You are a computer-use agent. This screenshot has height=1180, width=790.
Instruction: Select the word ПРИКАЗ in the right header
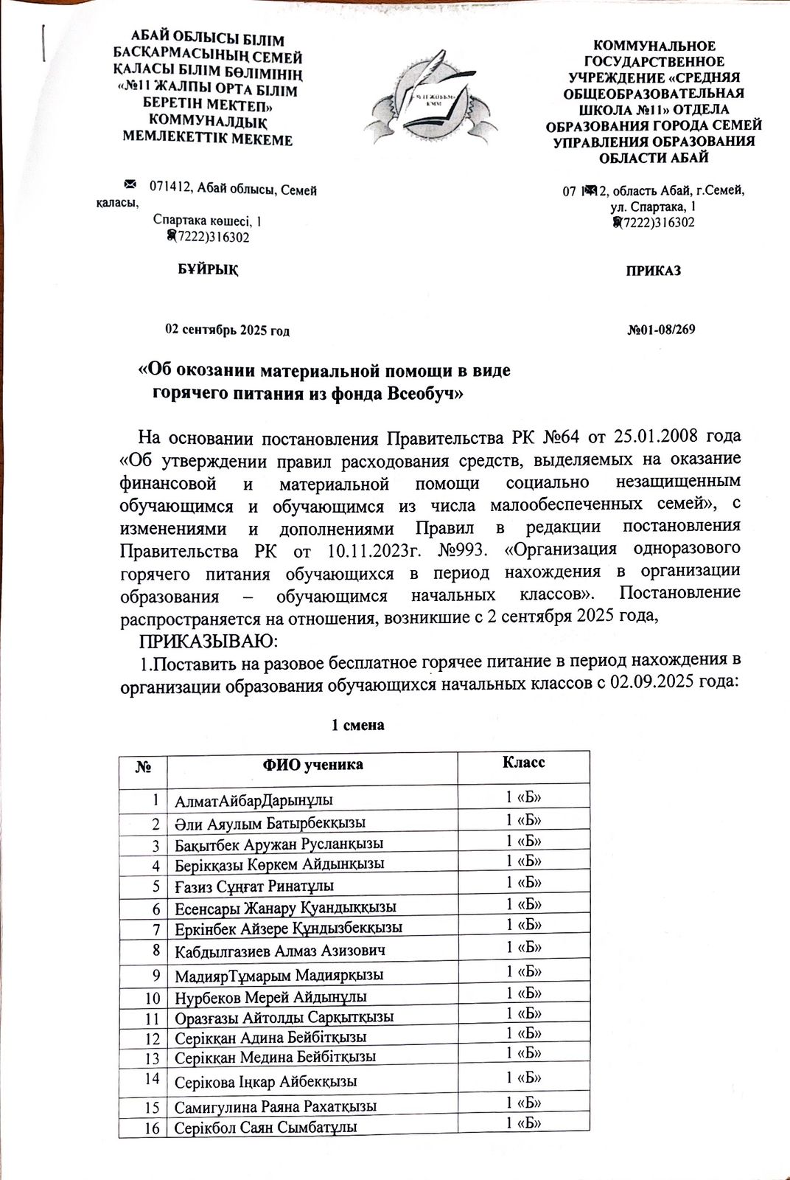tap(653, 271)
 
